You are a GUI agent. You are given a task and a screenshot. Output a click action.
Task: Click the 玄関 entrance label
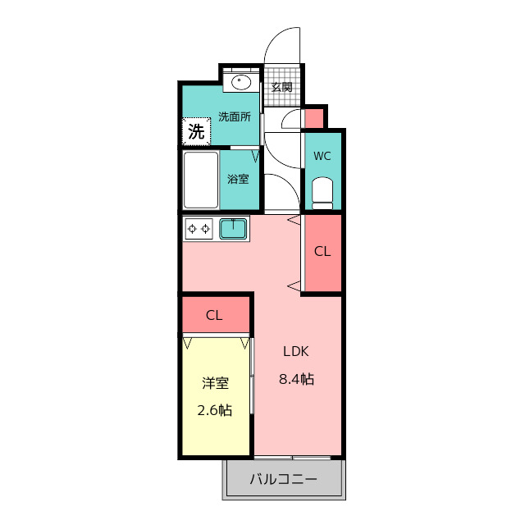(281, 87)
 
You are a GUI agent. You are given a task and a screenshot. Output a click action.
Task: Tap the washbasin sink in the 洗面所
(241, 82)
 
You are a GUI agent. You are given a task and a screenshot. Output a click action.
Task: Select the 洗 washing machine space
(197, 131)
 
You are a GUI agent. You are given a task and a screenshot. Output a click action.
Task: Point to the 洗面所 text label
(235, 116)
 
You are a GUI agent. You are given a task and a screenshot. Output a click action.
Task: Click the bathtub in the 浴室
(200, 180)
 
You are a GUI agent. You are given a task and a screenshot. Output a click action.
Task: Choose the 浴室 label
(238, 179)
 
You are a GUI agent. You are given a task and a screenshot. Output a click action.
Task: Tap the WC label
(322, 156)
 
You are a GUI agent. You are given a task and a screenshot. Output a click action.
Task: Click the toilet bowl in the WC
(322, 194)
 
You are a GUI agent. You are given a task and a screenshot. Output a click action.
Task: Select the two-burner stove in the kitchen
(199, 229)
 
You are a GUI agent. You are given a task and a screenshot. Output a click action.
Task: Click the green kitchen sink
(233, 228)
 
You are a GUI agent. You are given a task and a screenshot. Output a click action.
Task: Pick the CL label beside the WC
(322, 252)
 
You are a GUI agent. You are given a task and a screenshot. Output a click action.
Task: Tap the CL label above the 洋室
(214, 315)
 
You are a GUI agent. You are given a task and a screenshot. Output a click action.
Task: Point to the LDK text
(296, 351)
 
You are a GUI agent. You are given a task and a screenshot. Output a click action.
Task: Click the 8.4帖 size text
(297, 379)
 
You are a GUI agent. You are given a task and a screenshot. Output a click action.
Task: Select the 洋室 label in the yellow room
(215, 383)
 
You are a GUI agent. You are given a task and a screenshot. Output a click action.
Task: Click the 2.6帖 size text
(215, 410)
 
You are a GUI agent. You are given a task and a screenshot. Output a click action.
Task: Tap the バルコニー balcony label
(283, 479)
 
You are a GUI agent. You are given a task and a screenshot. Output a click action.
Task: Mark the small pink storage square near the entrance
(314, 118)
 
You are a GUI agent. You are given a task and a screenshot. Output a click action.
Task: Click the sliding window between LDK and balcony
(292, 458)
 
